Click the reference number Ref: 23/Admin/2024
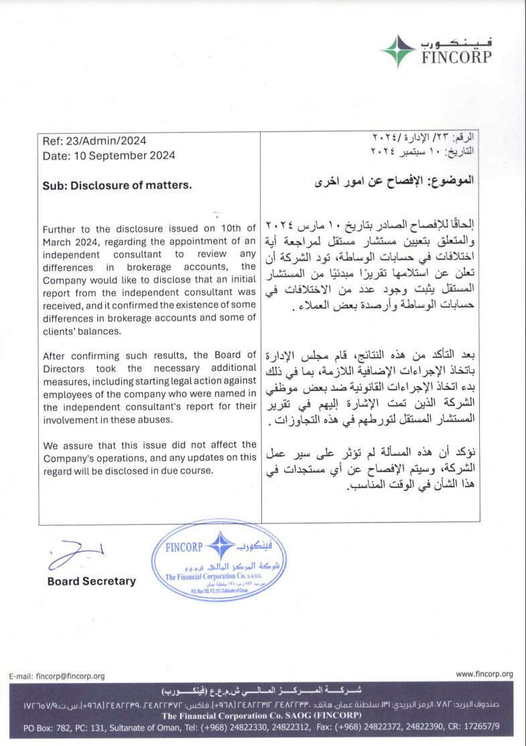click(94, 141)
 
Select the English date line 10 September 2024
click(109, 156)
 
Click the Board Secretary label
click(91, 581)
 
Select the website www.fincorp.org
click(484, 674)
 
